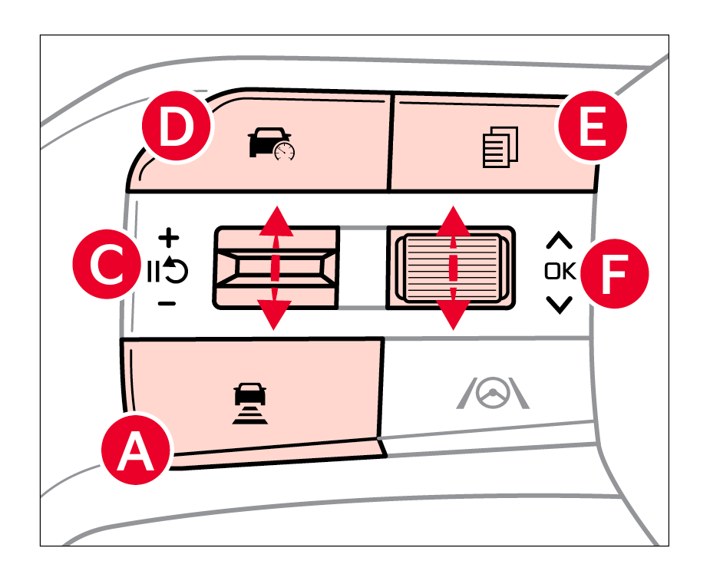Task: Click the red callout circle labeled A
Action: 137,450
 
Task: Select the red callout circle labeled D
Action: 176,128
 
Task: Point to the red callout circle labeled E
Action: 592,128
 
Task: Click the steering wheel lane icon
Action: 493,394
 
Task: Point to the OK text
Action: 559,271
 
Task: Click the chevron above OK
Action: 559,240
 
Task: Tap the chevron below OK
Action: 559,305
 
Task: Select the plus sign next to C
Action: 167,236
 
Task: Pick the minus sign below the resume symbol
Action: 167,304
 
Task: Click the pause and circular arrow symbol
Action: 167,270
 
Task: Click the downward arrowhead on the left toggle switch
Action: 276,314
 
